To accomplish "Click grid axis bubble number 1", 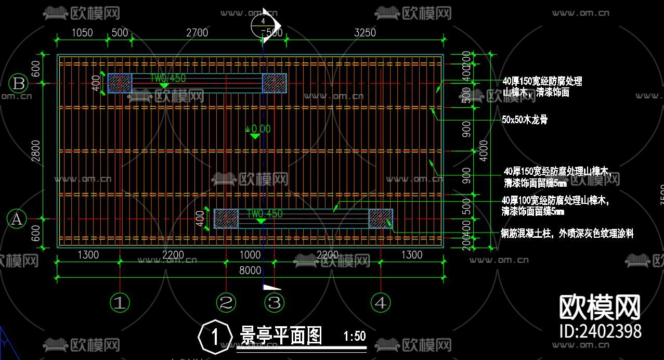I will (120, 302).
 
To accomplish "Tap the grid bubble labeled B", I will (18, 84).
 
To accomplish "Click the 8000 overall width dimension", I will (250, 271).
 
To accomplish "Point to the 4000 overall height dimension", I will (484, 151).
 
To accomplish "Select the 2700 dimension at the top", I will (197, 33).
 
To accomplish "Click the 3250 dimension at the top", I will (364, 33).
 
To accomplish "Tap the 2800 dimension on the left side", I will (35, 151).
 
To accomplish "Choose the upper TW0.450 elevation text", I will (168, 79).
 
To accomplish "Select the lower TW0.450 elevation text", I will (265, 214).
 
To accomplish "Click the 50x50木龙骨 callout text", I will (525, 120).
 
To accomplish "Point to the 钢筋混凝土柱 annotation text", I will (567, 234).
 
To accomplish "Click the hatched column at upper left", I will (120, 83).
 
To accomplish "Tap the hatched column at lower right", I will (381, 218).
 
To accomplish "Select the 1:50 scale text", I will (355, 336).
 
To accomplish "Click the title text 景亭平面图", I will (281, 336).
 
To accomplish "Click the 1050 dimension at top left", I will (82, 33).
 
